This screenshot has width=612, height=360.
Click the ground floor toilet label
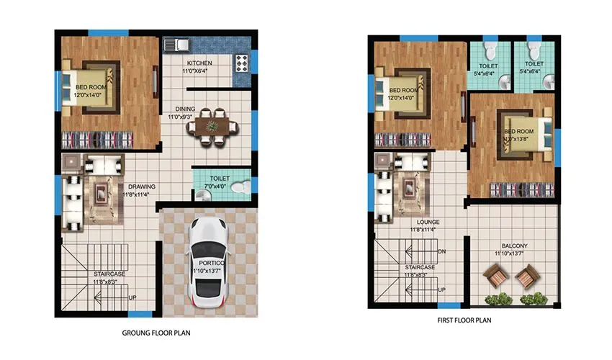[x=220, y=179]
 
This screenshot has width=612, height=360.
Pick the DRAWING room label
[x=141, y=187]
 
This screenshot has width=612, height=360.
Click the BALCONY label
[x=510, y=246]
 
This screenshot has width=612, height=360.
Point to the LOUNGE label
[x=428, y=222]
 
